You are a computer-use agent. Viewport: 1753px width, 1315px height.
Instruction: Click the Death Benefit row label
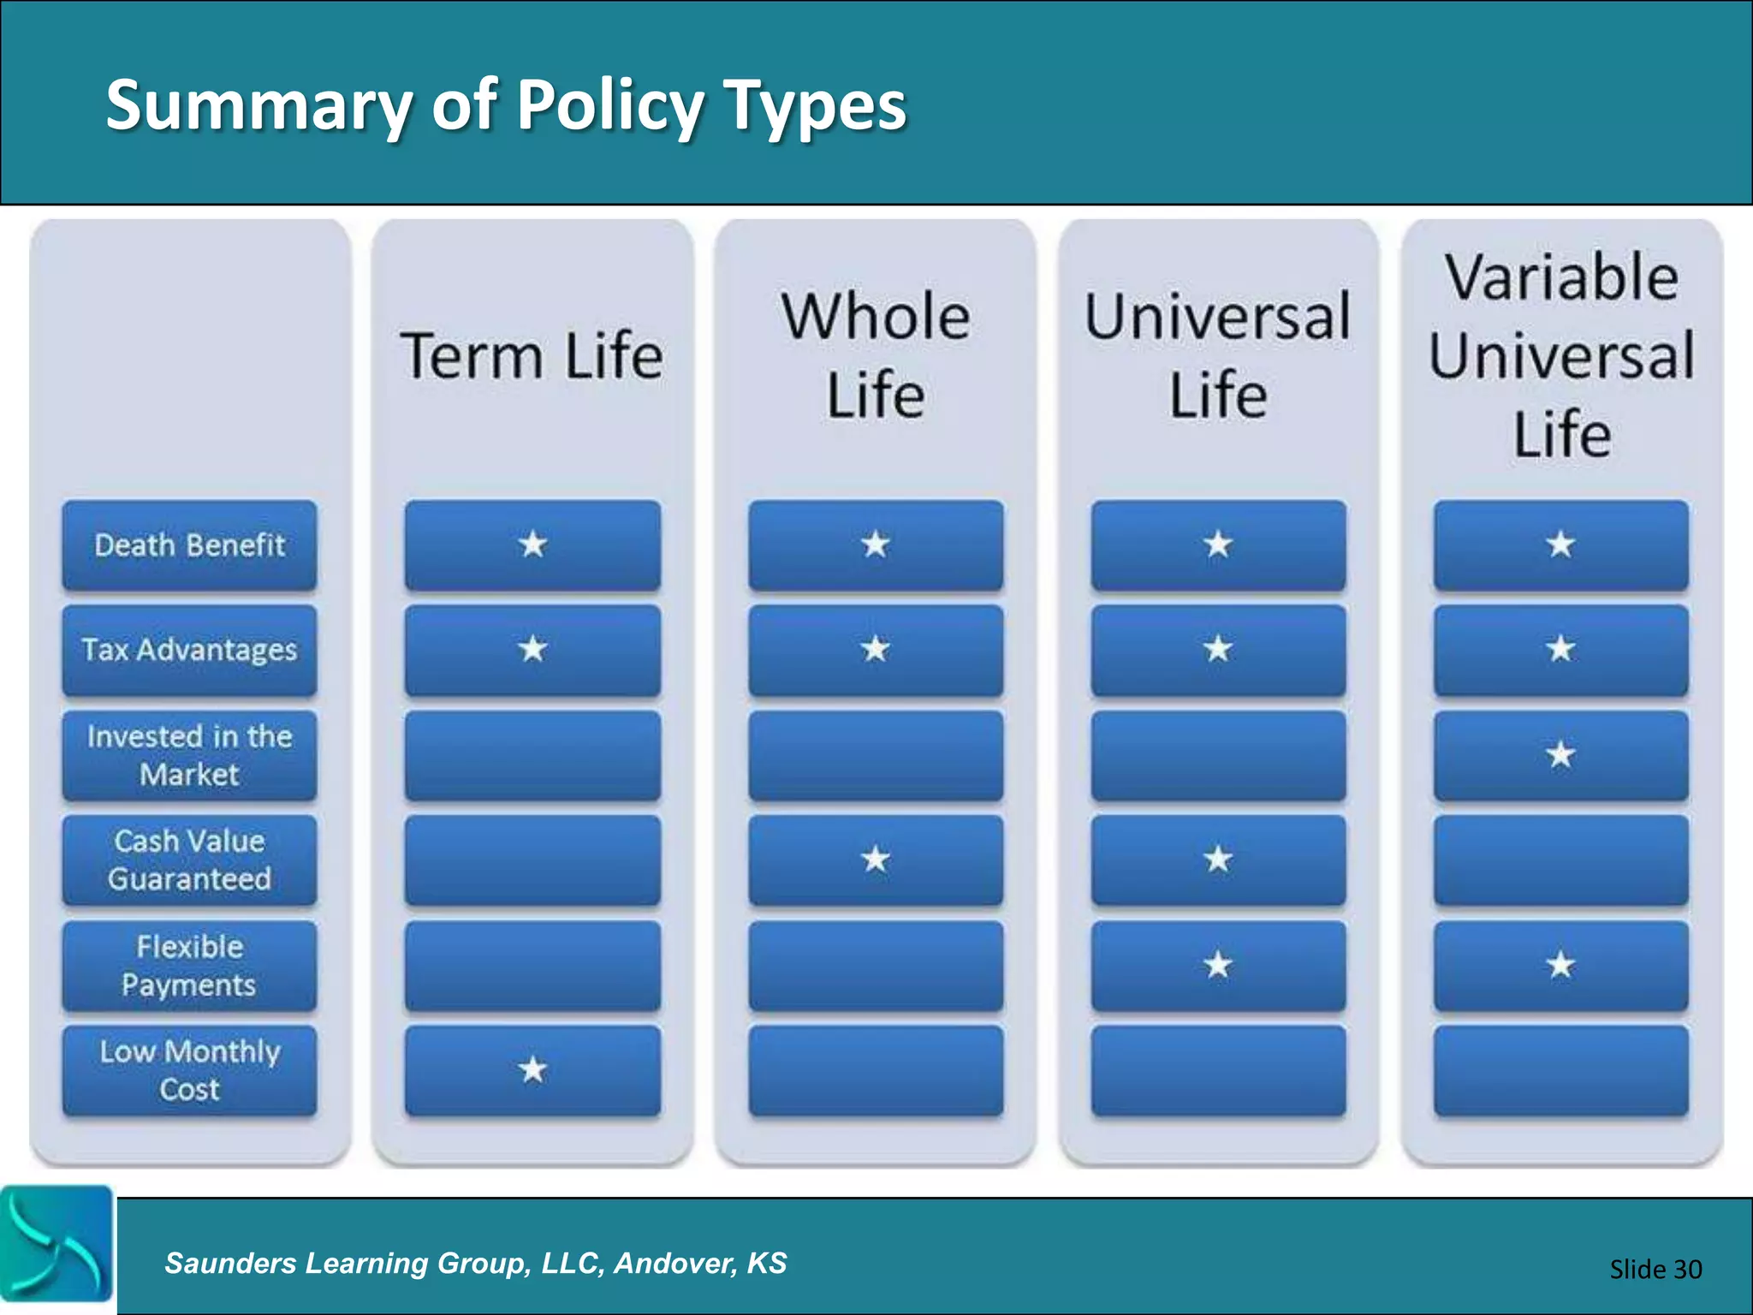click(x=189, y=545)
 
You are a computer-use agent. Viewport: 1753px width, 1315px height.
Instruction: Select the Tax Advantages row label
click(x=189, y=650)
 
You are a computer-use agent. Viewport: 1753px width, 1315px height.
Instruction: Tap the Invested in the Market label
click(x=189, y=755)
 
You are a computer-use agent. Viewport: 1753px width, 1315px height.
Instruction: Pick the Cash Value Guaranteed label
click(x=189, y=860)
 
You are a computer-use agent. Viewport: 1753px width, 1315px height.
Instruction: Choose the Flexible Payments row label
click(x=189, y=966)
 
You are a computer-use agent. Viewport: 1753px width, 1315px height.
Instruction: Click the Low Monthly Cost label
click(x=189, y=1070)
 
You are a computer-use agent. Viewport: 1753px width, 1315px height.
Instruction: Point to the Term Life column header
click(x=532, y=355)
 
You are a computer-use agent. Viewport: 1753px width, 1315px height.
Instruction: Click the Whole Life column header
click(x=876, y=355)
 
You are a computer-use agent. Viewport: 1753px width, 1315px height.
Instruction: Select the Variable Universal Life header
click(x=1562, y=355)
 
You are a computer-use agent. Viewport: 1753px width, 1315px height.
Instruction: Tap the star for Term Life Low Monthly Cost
click(x=532, y=1069)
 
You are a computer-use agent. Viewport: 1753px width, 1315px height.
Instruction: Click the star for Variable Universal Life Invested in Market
click(x=1560, y=754)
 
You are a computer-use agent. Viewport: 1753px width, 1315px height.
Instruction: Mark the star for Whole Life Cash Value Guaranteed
click(x=876, y=859)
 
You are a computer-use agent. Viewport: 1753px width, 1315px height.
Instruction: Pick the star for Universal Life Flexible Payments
click(x=1218, y=965)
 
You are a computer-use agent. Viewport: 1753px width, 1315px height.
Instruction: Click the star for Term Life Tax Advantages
click(x=532, y=649)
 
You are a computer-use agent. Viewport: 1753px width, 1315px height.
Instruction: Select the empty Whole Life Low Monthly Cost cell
click(x=876, y=1070)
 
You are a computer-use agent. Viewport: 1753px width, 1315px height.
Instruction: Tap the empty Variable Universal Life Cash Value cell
click(x=1561, y=860)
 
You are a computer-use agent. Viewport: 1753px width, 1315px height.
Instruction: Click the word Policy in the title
click(x=607, y=104)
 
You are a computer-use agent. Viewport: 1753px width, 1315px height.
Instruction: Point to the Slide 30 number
click(x=1655, y=1269)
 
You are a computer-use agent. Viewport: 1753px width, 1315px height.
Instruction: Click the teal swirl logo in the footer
click(x=56, y=1243)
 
